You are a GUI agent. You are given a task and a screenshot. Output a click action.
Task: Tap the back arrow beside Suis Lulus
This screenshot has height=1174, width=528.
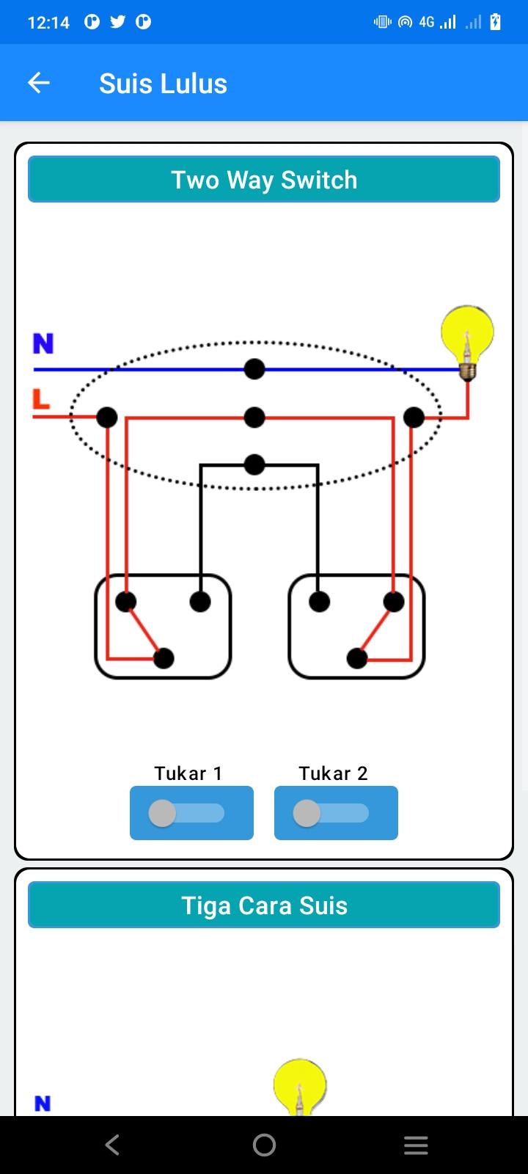pyautogui.click(x=39, y=83)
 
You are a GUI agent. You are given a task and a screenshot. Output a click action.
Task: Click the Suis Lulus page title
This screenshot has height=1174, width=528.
pyautogui.click(x=164, y=84)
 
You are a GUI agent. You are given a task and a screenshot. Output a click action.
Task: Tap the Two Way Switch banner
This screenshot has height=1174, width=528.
pyautogui.click(x=264, y=179)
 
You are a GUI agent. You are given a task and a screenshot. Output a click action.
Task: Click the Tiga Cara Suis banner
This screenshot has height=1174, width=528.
pyautogui.click(x=264, y=905)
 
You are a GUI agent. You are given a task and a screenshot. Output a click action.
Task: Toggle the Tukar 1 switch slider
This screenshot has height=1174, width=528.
pyautogui.click(x=186, y=814)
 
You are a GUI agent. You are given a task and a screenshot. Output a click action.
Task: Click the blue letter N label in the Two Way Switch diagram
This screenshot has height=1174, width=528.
pyautogui.click(x=43, y=344)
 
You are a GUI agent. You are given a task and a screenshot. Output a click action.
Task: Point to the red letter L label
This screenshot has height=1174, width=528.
pyautogui.click(x=41, y=399)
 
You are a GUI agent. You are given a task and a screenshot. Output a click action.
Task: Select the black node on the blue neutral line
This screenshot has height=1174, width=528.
pyautogui.click(x=254, y=369)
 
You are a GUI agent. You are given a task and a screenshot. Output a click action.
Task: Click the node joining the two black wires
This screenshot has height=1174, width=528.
pyautogui.click(x=254, y=464)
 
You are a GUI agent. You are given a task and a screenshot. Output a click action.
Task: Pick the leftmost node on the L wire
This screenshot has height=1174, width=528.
pyautogui.click(x=107, y=418)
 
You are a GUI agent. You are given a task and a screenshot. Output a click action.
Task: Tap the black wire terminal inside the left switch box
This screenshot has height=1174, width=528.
pyautogui.click(x=200, y=602)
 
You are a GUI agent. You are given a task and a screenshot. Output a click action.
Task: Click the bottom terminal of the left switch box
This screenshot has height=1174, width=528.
pyautogui.click(x=164, y=658)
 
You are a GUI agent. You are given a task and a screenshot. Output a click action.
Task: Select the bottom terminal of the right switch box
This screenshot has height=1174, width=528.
pyautogui.click(x=357, y=658)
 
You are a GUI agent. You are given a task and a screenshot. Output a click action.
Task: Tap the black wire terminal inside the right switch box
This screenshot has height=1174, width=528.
pyautogui.click(x=320, y=602)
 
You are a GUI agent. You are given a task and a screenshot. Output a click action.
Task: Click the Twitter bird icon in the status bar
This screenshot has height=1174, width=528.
pyautogui.click(x=118, y=21)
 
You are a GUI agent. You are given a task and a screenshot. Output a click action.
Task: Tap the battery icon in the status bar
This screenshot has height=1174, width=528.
pyautogui.click(x=495, y=21)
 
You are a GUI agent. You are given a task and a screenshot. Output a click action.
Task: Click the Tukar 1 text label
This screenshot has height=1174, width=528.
pyautogui.click(x=188, y=773)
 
